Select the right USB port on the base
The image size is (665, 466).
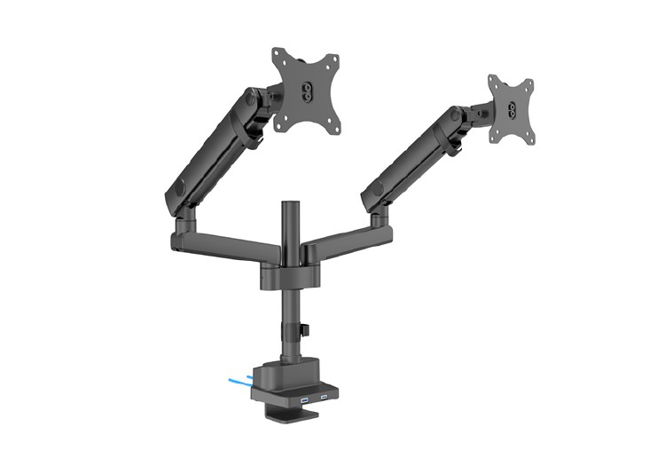(x=325, y=396)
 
